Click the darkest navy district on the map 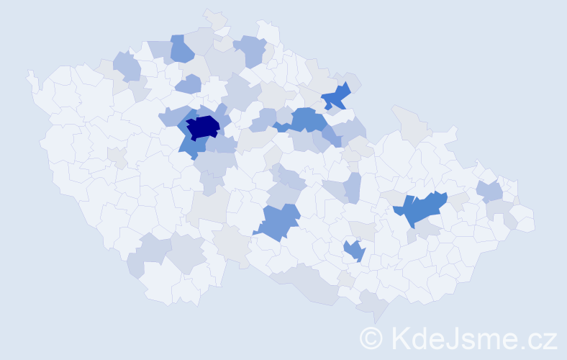203,127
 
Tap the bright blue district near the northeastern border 335,96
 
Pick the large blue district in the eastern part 421,208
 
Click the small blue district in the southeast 354,251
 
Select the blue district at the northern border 182,48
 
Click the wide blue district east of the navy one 306,120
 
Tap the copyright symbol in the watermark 371,337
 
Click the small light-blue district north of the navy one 189,84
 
